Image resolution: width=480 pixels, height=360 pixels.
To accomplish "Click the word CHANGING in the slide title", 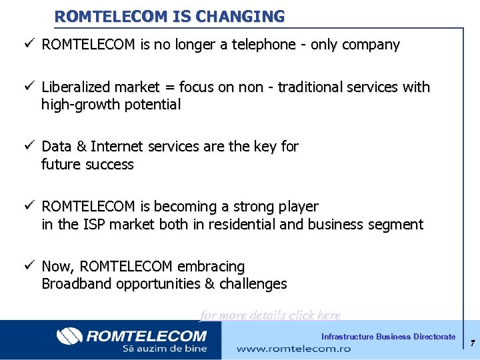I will pos(245,16).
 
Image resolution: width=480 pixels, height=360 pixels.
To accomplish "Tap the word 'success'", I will pos(111,164).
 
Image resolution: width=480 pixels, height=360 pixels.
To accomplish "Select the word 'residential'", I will pos(243,225).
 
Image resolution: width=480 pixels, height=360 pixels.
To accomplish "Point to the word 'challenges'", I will pos(253,284).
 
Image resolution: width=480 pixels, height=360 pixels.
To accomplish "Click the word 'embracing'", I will pos(211,267).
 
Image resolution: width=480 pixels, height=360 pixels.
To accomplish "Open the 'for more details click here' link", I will pos(271,315).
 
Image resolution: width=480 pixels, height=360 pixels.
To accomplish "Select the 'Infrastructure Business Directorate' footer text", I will pos(388,337).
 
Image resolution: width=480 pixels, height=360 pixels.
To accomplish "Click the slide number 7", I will pos(472,343).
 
